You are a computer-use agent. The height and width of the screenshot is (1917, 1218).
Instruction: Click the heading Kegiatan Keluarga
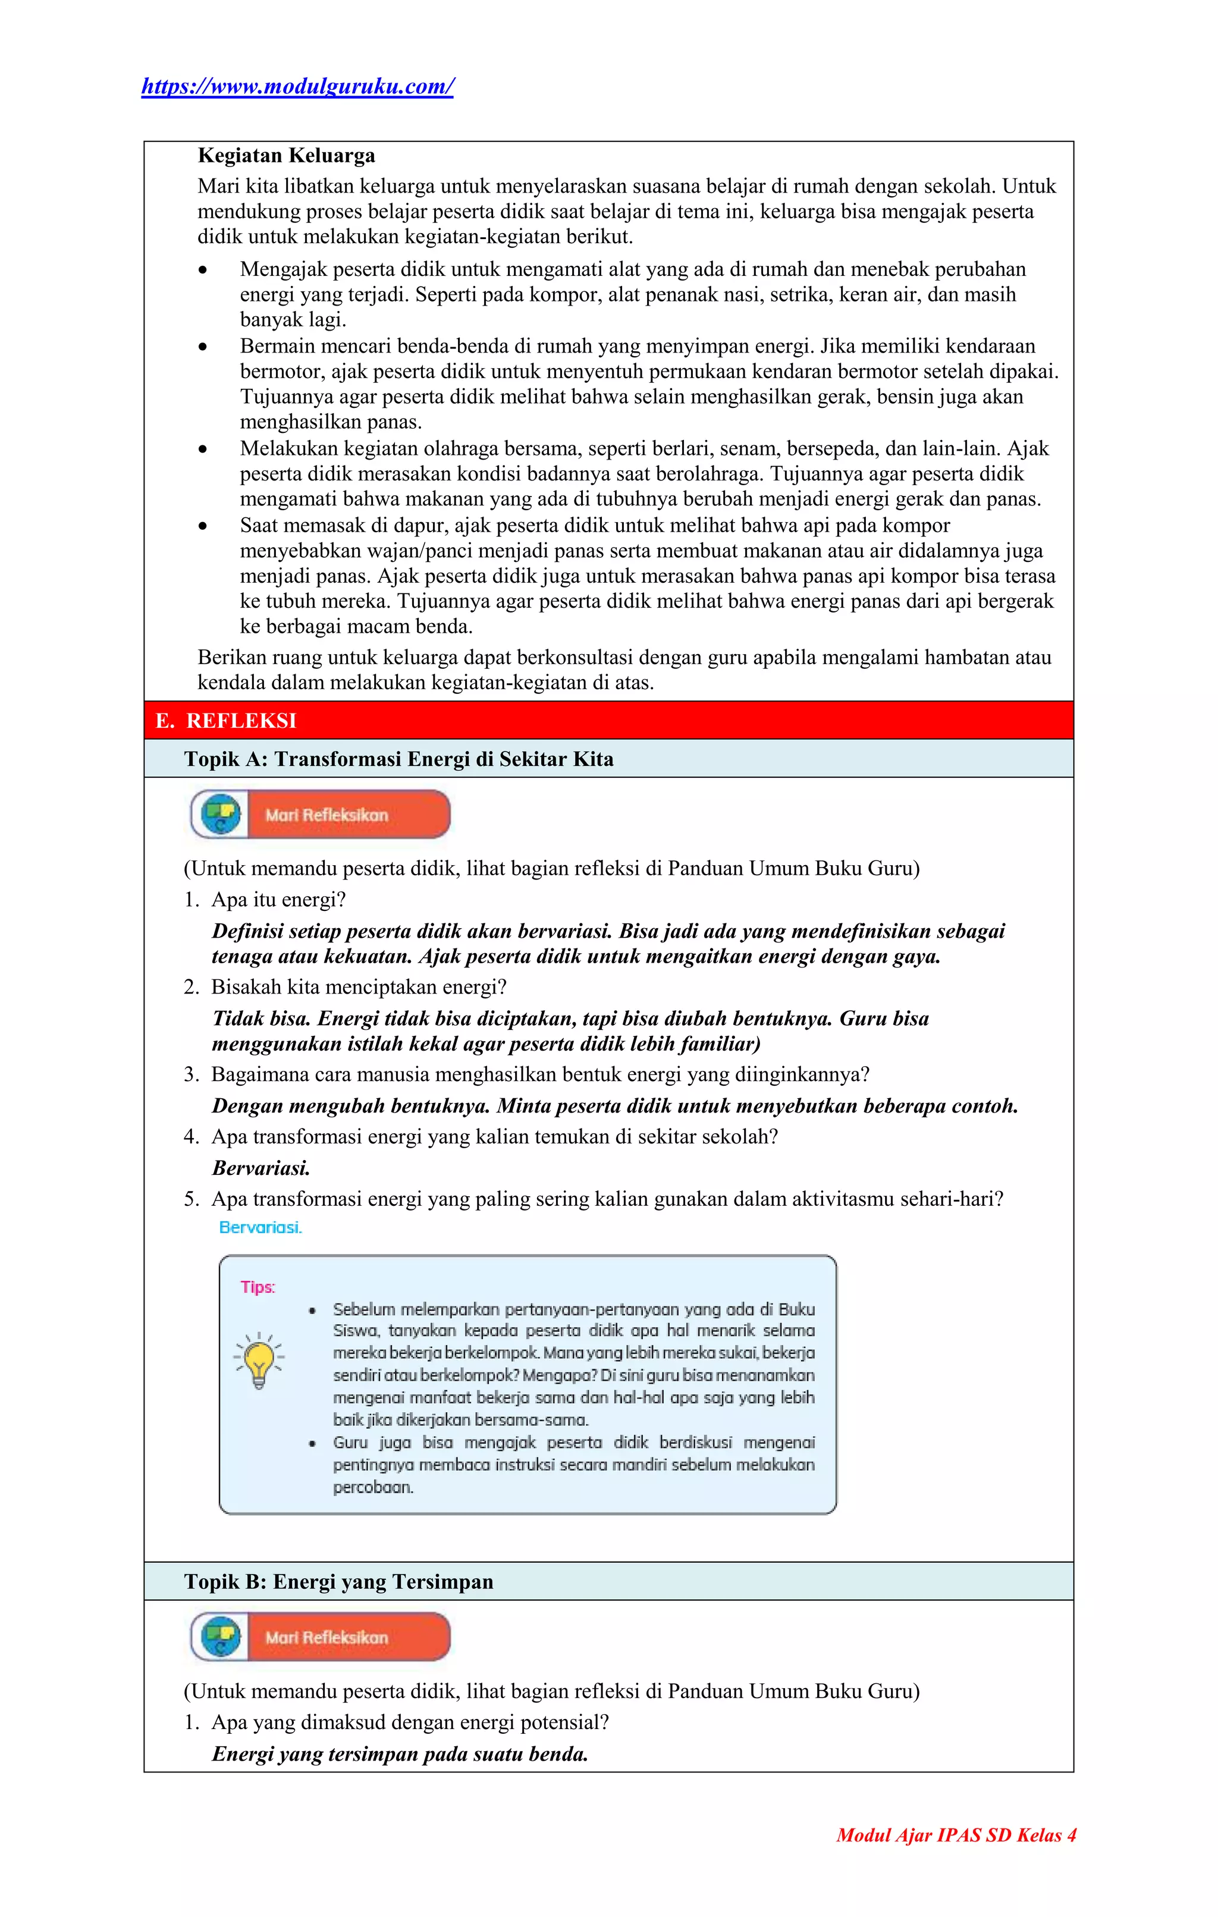pyautogui.click(x=286, y=155)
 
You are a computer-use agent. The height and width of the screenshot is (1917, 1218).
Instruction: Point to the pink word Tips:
pyautogui.click(x=258, y=1287)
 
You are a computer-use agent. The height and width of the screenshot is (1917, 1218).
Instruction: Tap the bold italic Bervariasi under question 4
pyautogui.click(x=260, y=1168)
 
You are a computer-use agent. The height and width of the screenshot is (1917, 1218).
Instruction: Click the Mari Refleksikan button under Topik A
pyautogui.click(x=321, y=815)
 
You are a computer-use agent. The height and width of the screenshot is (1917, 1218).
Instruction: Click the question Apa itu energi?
pyautogui.click(x=278, y=900)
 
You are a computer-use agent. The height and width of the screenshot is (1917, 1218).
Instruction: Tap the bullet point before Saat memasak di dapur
pyautogui.click(x=204, y=526)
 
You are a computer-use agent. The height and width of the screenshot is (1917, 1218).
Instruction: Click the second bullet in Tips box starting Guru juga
pyautogui.click(x=313, y=1443)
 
